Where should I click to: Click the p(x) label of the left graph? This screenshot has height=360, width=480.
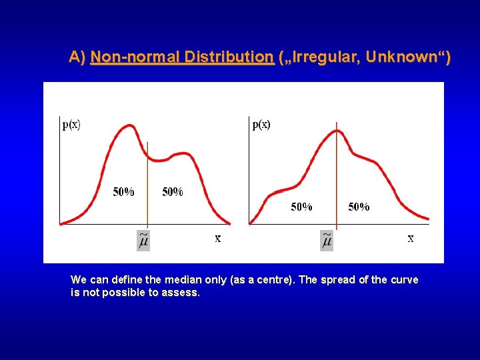click(x=71, y=125)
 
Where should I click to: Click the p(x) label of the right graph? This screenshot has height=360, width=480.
click(x=261, y=125)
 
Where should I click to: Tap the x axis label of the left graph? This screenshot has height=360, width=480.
click(x=218, y=238)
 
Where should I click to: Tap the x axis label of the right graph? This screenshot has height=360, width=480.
click(x=411, y=238)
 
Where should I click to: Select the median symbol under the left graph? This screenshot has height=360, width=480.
click(x=143, y=240)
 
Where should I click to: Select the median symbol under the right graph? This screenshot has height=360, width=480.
click(x=327, y=240)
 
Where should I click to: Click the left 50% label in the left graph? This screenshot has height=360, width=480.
click(x=123, y=192)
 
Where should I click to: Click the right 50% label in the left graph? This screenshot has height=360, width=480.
click(x=173, y=192)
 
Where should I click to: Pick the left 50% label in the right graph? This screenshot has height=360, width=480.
click(x=301, y=207)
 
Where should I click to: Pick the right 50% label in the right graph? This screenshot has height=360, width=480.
click(x=359, y=207)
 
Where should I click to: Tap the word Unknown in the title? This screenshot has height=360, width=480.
click(x=409, y=57)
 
